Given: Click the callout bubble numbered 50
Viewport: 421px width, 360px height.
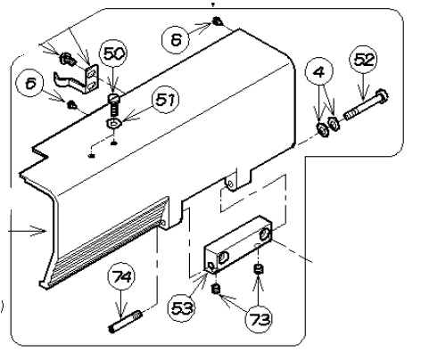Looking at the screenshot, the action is pos(113,53).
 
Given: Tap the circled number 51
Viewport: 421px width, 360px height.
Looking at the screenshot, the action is pos(166,100).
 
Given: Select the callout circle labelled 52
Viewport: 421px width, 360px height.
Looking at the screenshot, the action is pos(363,60).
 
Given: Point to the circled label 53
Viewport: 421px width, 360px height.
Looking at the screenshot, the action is pos(181,308).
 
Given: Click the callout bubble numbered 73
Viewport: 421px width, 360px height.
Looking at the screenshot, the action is pos(259,319).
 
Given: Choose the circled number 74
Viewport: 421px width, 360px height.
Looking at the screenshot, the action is pos(121,277).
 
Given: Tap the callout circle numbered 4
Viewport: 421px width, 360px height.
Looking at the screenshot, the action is pos(319,71).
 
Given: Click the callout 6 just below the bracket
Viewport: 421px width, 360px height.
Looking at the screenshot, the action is pos(30,84).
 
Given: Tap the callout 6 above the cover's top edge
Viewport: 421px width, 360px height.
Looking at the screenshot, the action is pos(176,39).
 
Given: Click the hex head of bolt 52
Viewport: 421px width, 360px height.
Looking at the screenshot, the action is pos(382,95).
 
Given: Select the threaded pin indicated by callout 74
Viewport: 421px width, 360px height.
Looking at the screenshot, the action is pos(125,321).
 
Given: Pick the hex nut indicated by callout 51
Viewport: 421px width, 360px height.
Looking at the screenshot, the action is pos(114,122).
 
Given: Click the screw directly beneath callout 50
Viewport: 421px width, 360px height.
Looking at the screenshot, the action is pos(113,104).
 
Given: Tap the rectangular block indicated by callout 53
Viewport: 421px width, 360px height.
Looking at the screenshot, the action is pos(238,244).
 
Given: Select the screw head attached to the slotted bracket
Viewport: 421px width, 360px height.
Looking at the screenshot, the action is pos(66,59).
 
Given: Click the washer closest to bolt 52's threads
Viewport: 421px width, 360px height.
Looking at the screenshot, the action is pos(333,123).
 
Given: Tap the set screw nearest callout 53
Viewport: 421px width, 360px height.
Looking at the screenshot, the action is pos(216,289).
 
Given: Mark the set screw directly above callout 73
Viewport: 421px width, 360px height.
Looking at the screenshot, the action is pos(258,269).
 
